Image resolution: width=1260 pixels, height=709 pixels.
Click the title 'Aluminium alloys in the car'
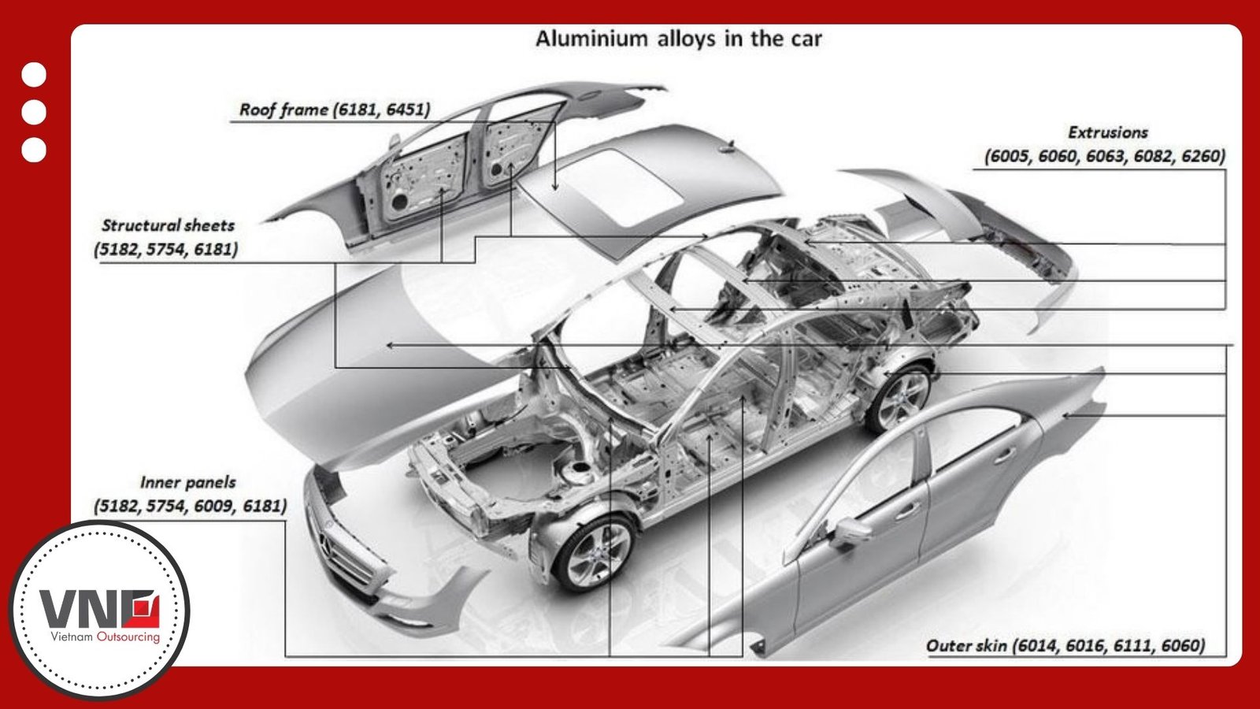[x=678, y=39]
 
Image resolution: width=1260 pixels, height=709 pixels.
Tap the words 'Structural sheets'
[x=168, y=225]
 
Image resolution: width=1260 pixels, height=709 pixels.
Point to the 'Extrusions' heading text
[x=1107, y=132]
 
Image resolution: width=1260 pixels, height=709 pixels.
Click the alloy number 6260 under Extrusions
[x=1202, y=156]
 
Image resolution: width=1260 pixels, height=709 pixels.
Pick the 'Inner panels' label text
[x=187, y=482]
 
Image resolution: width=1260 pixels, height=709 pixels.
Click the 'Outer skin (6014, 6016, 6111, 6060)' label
[x=1065, y=646]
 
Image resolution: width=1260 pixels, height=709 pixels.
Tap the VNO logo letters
[x=99, y=608]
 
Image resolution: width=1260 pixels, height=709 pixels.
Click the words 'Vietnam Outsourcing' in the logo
[x=105, y=637]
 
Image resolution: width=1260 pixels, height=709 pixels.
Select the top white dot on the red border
[x=34, y=75]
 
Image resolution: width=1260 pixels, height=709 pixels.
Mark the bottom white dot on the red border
[x=34, y=150]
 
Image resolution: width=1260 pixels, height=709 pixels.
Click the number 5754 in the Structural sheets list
[x=166, y=250]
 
